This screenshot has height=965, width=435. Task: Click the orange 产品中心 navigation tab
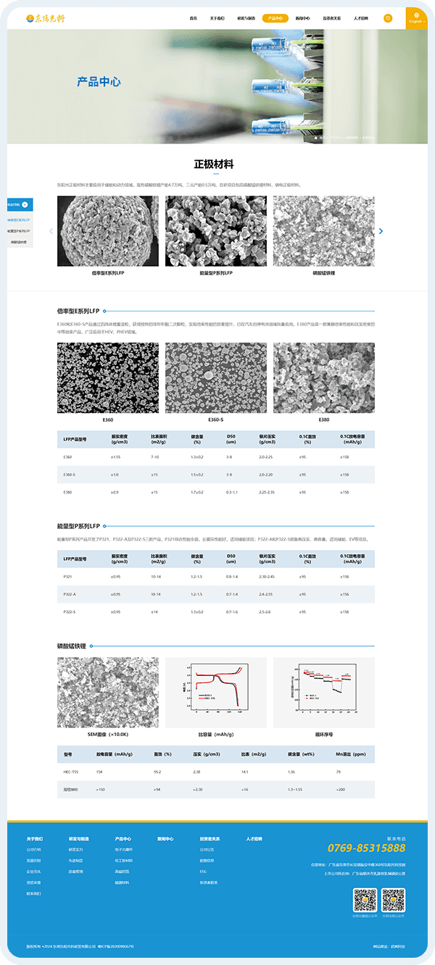pos(275,18)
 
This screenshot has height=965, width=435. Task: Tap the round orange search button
pos(388,18)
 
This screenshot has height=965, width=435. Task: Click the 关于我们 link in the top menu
pos(217,18)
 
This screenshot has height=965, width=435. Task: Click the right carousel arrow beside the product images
pos(381,231)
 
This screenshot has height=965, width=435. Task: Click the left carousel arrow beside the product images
pos(51,231)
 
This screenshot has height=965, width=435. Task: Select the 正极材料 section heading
pos(214,164)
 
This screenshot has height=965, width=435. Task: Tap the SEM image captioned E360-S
pos(215,377)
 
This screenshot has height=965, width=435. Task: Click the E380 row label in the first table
pos(68,492)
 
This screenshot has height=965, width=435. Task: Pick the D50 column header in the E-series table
pos(231,439)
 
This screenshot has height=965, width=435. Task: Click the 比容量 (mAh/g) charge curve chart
pos(215,693)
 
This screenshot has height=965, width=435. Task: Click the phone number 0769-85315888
pos(366,848)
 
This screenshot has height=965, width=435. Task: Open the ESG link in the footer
pos(203,871)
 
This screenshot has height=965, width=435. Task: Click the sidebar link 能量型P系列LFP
pos(20,231)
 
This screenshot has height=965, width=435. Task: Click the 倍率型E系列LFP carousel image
pos(107,231)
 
